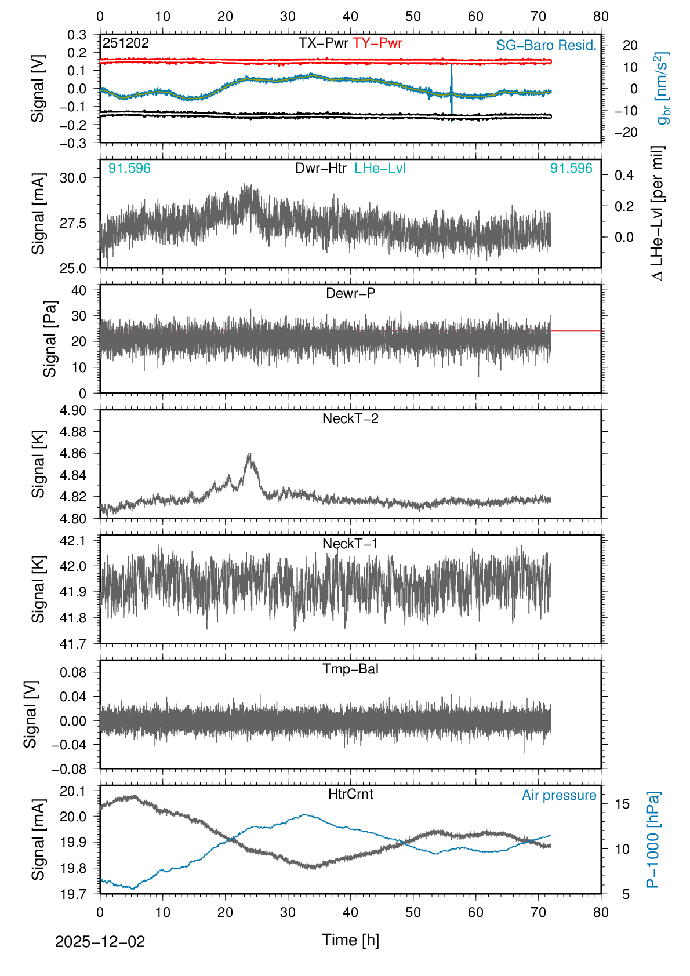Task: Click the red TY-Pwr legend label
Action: click(x=377, y=43)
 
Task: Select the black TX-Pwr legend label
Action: click(x=323, y=43)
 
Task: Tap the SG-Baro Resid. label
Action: click(x=546, y=45)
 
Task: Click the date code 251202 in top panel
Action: click(x=126, y=43)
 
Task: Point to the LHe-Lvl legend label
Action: click(x=380, y=168)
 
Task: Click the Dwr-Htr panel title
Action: click(x=321, y=168)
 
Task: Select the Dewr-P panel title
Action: click(x=350, y=293)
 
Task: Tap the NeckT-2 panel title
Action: click(x=350, y=418)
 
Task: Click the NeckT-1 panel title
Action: click(x=350, y=544)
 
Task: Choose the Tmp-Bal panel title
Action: click(x=350, y=669)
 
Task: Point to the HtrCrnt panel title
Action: click(x=350, y=794)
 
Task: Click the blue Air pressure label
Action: click(x=559, y=795)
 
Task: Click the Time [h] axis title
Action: click(x=350, y=939)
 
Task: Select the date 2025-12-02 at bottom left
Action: click(x=100, y=941)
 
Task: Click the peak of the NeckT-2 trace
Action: click(x=250, y=454)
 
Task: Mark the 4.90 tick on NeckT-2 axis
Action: click(x=73, y=410)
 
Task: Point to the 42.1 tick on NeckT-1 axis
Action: click(x=73, y=541)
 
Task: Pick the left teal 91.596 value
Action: click(x=129, y=168)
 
